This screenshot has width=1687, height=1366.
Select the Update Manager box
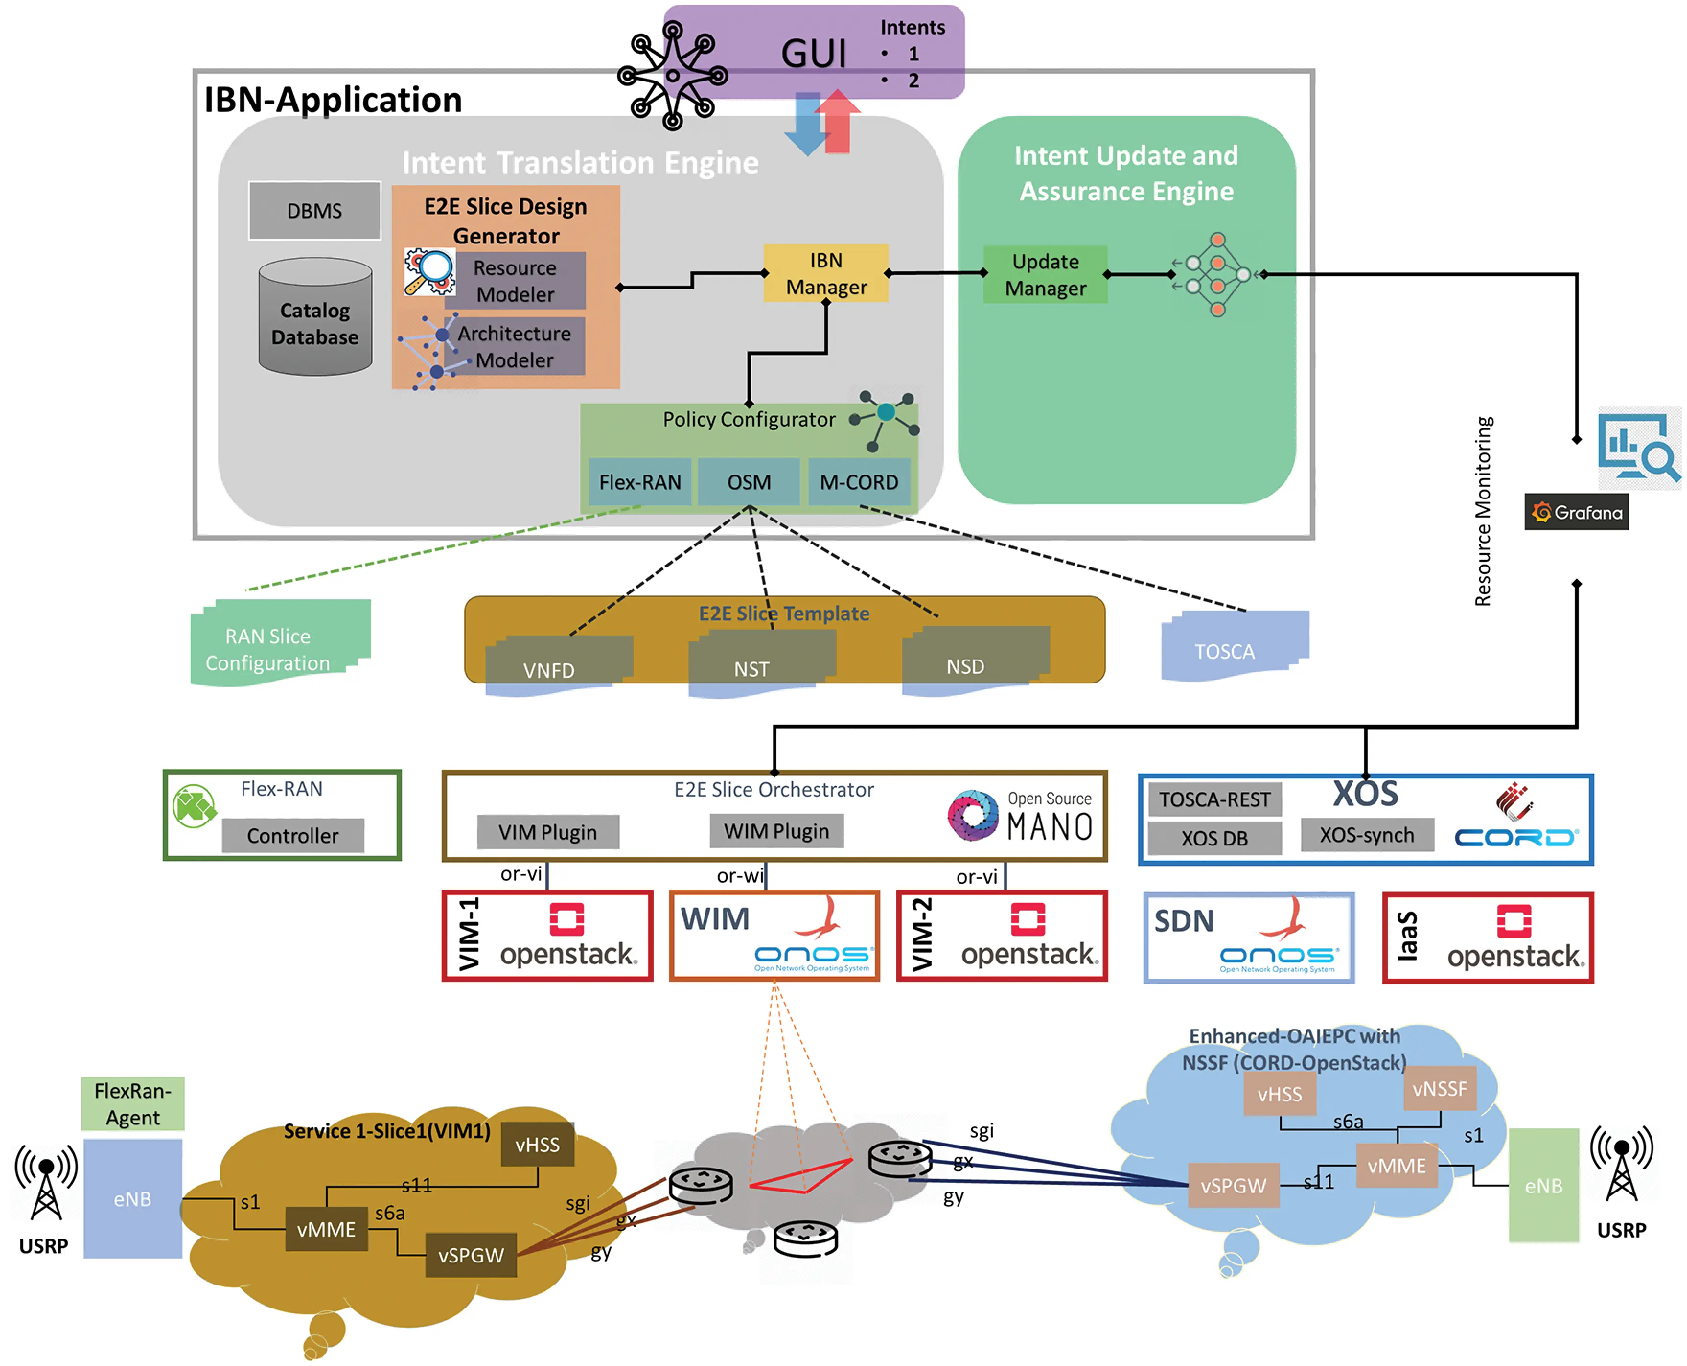coord(1045,275)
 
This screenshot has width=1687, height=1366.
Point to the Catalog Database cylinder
coord(315,319)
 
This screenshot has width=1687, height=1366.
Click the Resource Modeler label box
coord(515,281)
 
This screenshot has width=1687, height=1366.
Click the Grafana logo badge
coord(1576,512)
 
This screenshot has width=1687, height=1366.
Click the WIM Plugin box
coord(776,831)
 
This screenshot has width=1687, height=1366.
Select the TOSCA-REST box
coord(1214,799)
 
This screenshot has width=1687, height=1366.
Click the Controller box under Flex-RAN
coord(293,835)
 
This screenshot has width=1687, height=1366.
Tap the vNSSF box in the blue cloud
coord(1439,1089)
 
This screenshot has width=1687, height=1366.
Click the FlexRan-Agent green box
coord(132,1103)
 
